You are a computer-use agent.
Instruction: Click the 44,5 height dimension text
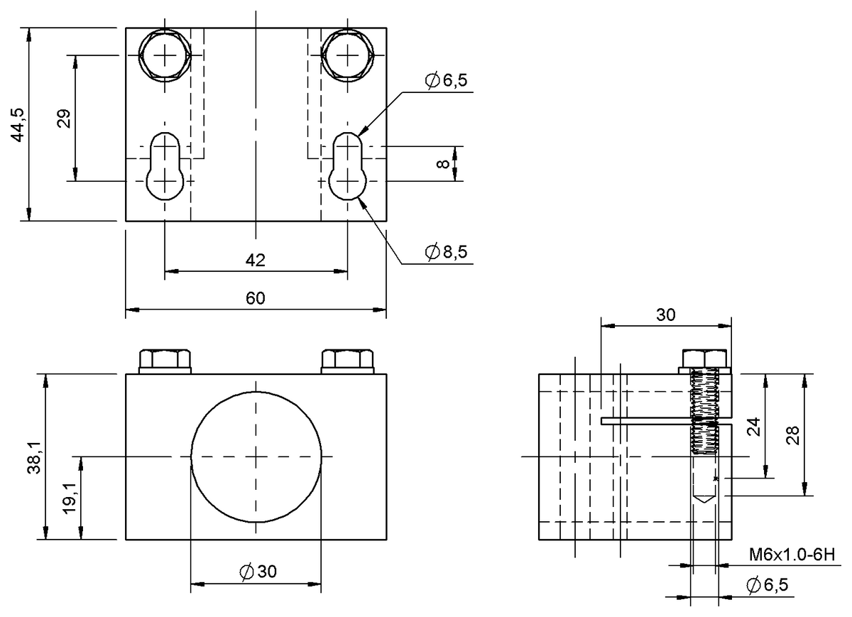[x=18, y=125]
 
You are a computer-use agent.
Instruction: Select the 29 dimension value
[x=64, y=119]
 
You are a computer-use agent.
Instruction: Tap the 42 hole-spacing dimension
[x=255, y=260]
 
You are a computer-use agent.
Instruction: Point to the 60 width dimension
[x=255, y=298]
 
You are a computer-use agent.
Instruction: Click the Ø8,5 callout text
[x=446, y=252]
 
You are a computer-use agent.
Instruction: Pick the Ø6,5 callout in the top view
[x=446, y=80]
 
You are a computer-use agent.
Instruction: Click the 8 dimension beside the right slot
[x=443, y=164]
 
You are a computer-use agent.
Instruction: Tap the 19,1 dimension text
[x=70, y=498]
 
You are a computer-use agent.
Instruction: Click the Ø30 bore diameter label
[x=258, y=572]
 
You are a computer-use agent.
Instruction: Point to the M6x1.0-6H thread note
[x=792, y=555]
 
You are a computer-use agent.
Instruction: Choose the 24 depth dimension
[x=753, y=427]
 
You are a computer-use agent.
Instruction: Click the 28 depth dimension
[x=792, y=435]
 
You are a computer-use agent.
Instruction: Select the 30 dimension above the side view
[x=666, y=315]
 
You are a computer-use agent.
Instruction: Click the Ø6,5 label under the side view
[x=768, y=585]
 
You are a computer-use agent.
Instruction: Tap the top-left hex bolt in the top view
[x=165, y=55]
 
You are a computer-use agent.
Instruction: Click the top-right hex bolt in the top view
[x=348, y=55]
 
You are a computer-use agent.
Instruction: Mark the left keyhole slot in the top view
[x=165, y=166]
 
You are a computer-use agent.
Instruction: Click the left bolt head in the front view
[x=165, y=361]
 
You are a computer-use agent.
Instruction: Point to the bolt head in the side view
[x=704, y=361]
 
